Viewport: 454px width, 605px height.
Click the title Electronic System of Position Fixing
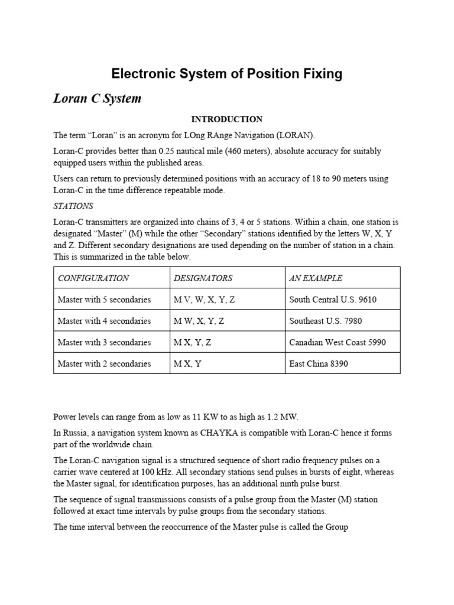(x=227, y=74)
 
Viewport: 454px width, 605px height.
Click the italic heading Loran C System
(x=98, y=98)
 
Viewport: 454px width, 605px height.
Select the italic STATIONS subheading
(x=73, y=207)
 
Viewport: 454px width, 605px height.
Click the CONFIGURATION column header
(x=93, y=278)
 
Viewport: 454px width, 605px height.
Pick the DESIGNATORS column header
(x=203, y=278)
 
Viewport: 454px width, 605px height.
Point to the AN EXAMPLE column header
(x=316, y=278)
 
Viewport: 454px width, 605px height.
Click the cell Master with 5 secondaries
(x=104, y=300)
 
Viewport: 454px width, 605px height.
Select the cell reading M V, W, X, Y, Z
(x=204, y=300)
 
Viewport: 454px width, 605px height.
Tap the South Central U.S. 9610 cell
(x=333, y=300)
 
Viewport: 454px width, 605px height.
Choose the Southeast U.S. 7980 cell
(x=326, y=321)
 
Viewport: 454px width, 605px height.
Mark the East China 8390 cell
(x=319, y=363)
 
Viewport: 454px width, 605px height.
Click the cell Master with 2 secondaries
(x=104, y=363)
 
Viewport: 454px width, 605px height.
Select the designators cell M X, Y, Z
(x=193, y=342)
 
